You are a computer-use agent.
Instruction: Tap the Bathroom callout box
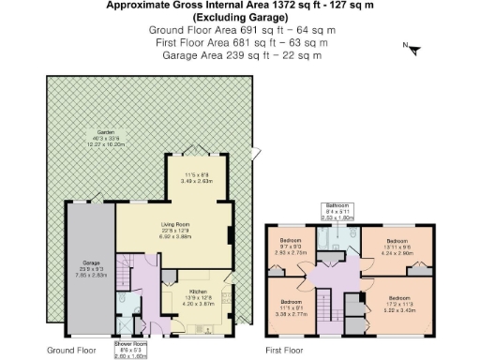pos(337,210)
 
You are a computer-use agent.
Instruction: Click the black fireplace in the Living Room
pos(232,236)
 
